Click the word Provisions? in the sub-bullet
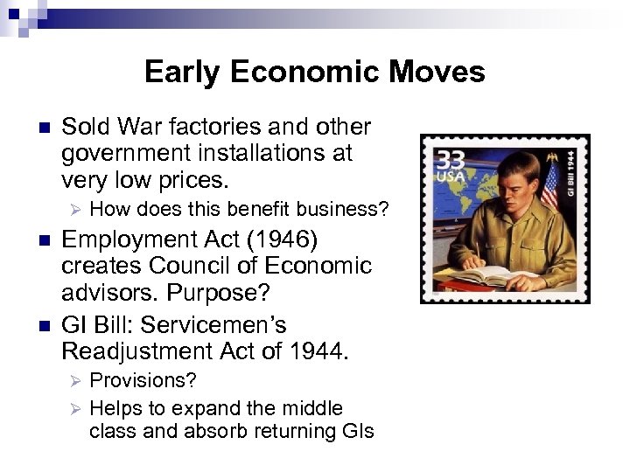(143, 381)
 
